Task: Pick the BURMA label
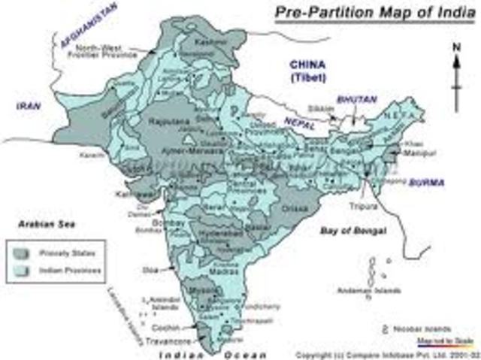425,183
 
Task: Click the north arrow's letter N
455,47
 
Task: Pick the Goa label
150,268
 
